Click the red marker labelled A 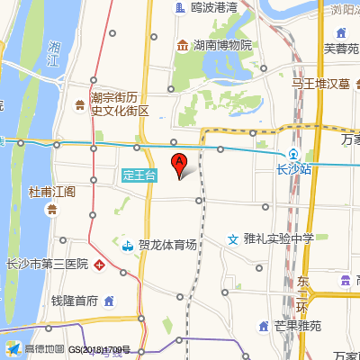pos(179,164)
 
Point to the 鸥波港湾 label pos(213,7)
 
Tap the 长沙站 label pos(293,168)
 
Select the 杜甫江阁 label pos(52,192)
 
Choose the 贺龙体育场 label pos(167,244)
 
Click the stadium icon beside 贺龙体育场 pos(128,244)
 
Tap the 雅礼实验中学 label pos(278,238)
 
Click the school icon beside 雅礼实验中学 pos(233,238)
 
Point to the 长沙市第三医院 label pos(47,265)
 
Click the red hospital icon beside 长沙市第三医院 pos(100,265)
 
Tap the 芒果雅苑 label pos(297,327)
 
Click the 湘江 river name pos(58,53)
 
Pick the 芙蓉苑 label pos(341,48)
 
